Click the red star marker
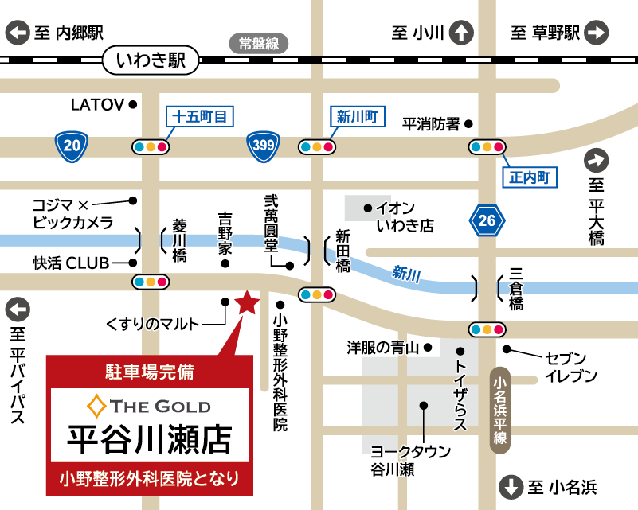coord(247,302)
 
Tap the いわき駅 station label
coord(150,59)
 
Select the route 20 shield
coord(72,145)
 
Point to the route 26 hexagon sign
coord(487,220)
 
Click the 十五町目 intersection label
coord(200,116)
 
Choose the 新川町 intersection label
coord(356,116)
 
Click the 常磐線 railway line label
coord(259,44)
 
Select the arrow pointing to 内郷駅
coord(18,33)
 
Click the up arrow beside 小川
coord(460,33)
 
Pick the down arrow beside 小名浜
coord(510,487)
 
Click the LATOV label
coord(97,104)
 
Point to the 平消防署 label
coord(431,123)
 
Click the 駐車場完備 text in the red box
coord(150,370)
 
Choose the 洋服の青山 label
coord(382,348)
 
